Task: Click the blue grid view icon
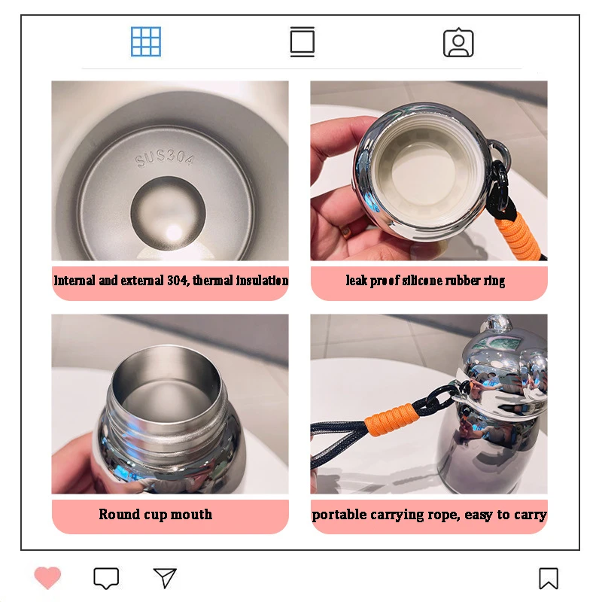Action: [x=146, y=41]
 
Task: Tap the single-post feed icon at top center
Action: [x=303, y=41]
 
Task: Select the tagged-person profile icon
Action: [x=458, y=43]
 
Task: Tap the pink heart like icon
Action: [x=47, y=577]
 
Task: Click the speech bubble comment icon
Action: [x=106, y=578]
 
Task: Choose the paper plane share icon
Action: [x=165, y=577]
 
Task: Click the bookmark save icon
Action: [x=549, y=578]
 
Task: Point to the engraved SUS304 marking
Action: [x=165, y=158]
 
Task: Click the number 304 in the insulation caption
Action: [x=178, y=280]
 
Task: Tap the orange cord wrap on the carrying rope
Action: [x=391, y=418]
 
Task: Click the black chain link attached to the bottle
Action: [x=441, y=400]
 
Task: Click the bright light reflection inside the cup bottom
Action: [x=174, y=233]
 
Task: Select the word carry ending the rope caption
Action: [x=531, y=515]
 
